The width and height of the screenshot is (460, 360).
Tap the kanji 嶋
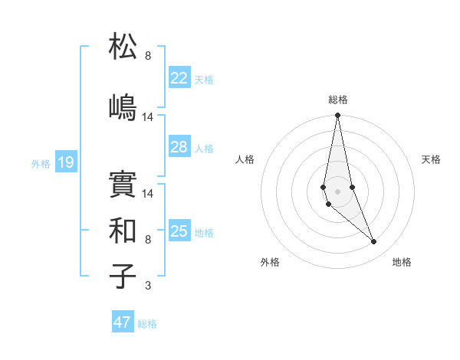[x=123, y=106]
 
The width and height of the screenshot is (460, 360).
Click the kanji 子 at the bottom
[x=123, y=276]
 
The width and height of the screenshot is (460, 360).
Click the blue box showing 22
[x=179, y=78]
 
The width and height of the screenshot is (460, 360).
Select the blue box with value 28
[x=179, y=147]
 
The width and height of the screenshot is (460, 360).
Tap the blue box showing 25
[x=179, y=231]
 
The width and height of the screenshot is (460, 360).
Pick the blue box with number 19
[x=65, y=162]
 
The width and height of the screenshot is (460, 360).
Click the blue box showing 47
[x=123, y=322]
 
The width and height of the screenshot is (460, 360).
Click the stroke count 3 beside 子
[x=148, y=286]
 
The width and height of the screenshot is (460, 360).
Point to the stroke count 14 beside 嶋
[x=148, y=116]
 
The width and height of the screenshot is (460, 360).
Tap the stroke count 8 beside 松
[x=148, y=55]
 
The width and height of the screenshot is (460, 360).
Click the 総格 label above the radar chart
[x=337, y=100]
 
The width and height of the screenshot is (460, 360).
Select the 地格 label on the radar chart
[x=402, y=262]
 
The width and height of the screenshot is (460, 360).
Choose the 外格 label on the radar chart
[x=270, y=262]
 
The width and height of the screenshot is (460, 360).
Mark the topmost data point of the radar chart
[x=337, y=116]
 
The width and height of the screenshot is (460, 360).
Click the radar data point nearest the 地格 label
[x=374, y=242]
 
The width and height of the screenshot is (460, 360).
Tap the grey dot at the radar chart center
[x=337, y=191]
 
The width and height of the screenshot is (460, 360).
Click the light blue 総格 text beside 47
[x=147, y=324]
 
